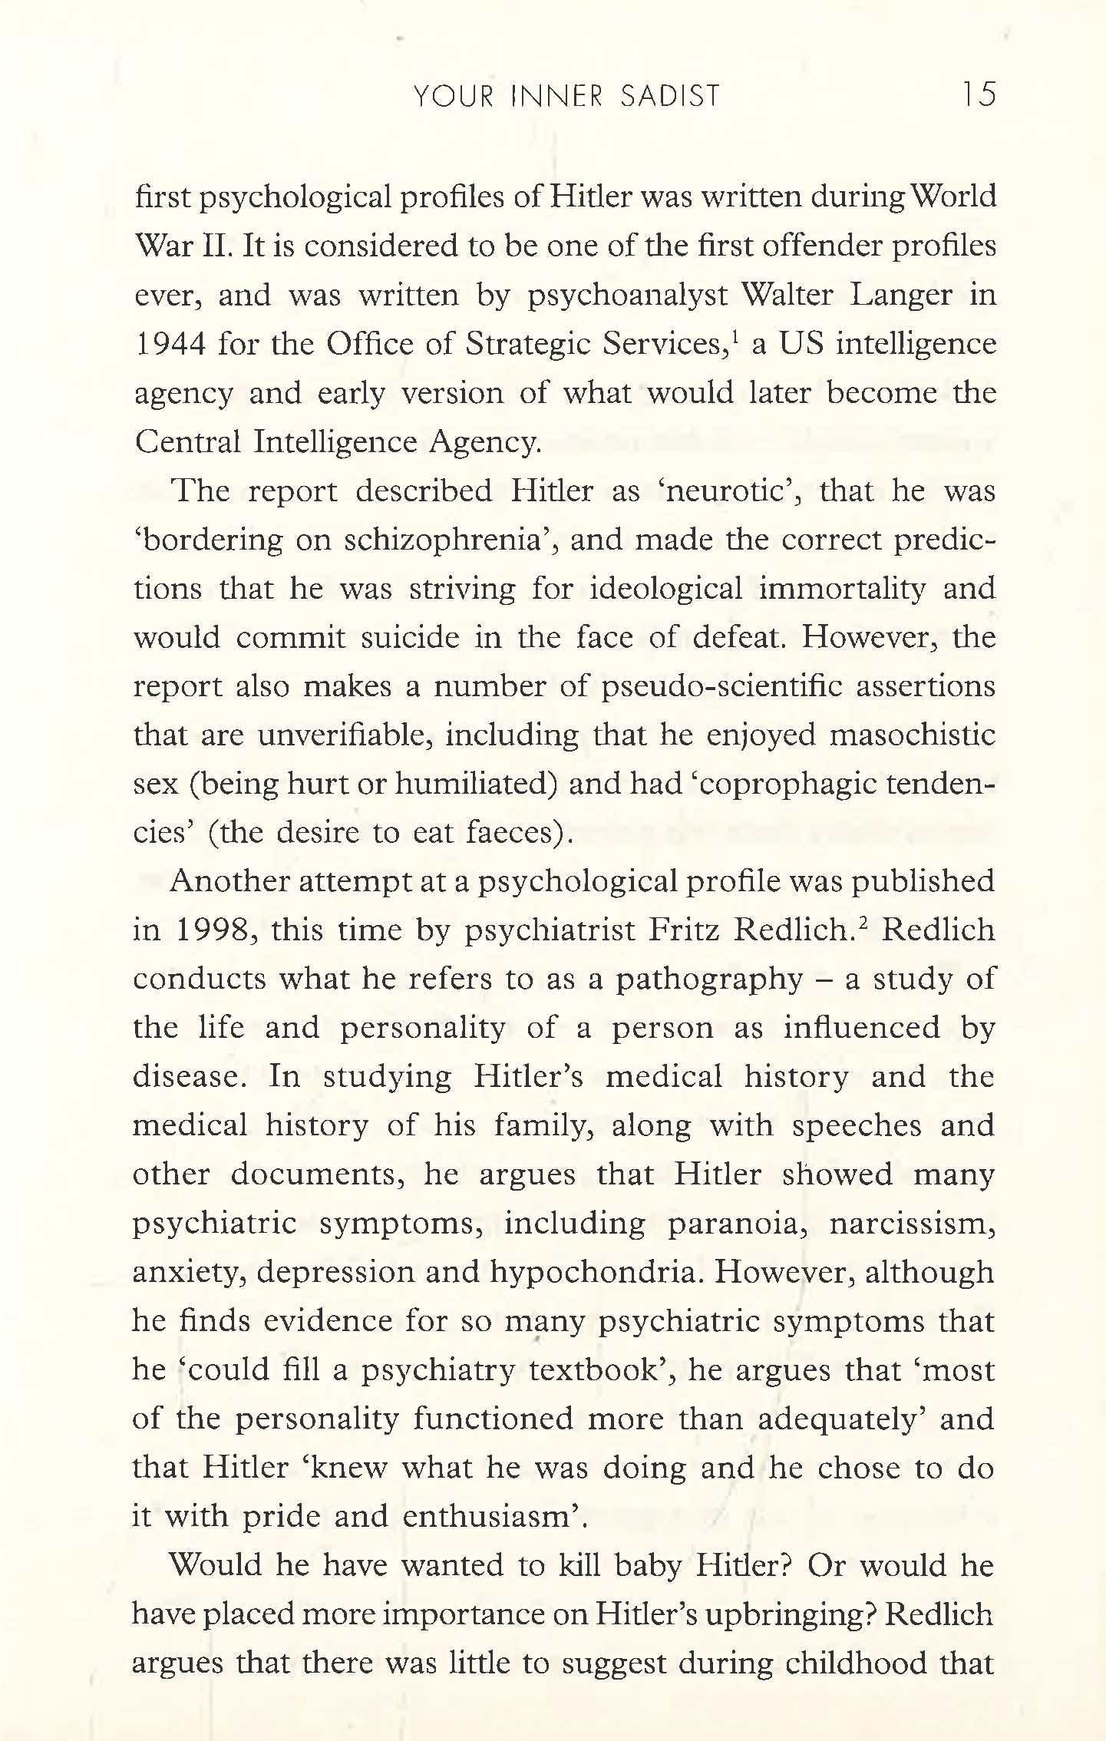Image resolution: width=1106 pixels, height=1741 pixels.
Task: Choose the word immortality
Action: (x=842, y=589)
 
